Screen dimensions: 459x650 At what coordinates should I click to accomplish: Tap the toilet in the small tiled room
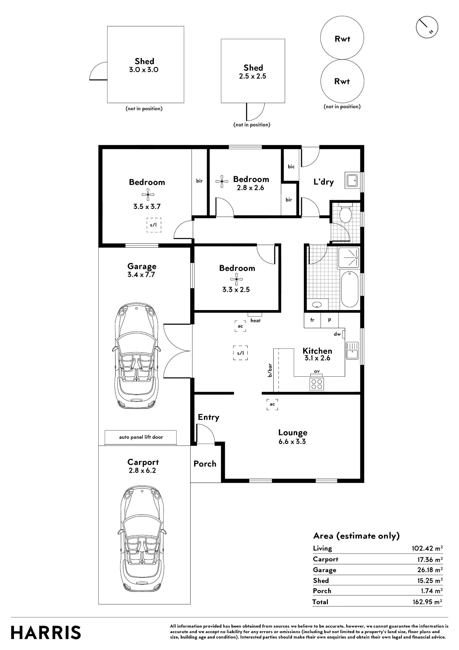click(345, 213)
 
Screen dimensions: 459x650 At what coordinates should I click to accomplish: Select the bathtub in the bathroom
click(350, 289)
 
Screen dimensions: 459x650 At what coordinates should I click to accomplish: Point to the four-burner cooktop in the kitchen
click(316, 384)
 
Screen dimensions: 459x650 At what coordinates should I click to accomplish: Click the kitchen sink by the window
click(352, 351)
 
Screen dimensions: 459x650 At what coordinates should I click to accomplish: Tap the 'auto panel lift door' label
click(141, 437)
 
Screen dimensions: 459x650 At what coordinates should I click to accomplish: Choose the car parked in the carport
click(142, 539)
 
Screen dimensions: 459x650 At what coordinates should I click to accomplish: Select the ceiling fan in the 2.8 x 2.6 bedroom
click(222, 181)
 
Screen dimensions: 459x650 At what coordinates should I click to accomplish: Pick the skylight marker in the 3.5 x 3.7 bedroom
click(154, 225)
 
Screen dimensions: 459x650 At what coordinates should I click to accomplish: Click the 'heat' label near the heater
click(255, 320)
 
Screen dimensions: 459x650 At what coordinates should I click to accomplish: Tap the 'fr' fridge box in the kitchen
click(312, 320)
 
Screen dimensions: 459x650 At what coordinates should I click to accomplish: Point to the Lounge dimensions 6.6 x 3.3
click(292, 441)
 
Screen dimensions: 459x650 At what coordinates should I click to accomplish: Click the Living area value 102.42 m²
click(427, 548)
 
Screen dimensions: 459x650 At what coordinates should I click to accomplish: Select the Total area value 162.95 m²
click(427, 602)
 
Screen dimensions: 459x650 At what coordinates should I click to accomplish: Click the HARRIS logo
click(46, 632)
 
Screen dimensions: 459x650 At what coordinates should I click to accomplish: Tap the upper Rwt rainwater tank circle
click(342, 38)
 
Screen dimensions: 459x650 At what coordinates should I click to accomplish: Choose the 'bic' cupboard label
click(291, 166)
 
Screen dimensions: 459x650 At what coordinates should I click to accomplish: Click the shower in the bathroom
click(349, 258)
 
